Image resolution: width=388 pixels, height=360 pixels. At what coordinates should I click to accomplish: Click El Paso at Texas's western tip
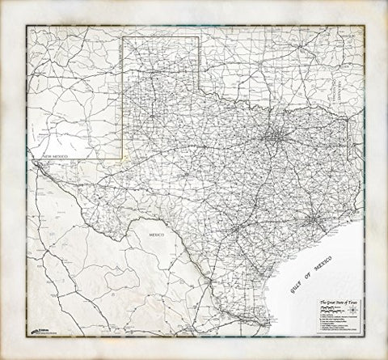coord(37,163)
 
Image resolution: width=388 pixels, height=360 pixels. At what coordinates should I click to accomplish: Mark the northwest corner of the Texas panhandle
coord(122,36)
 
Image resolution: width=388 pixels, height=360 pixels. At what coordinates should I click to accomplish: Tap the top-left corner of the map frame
coord(26,26)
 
